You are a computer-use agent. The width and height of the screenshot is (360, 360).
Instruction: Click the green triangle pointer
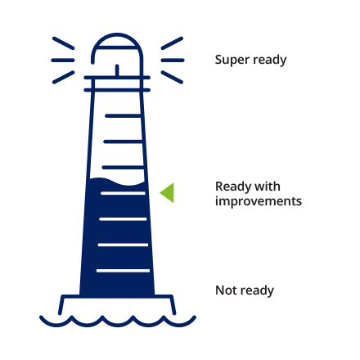[169, 193]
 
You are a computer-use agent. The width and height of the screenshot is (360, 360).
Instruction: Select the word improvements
[259, 201]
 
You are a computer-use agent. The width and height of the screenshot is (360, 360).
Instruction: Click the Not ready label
[245, 290]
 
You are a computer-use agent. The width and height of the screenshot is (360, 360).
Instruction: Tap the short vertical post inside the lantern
[117, 70]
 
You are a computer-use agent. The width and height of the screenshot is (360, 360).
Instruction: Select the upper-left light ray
[63, 43]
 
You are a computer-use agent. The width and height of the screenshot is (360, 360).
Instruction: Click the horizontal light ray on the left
[63, 61]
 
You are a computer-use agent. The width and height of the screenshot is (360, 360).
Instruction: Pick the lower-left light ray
[63, 77]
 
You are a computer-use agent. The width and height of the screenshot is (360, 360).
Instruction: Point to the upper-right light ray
[172, 43]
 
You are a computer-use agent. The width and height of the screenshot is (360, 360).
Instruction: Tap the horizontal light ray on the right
[173, 61]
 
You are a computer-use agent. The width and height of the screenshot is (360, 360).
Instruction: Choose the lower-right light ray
[172, 77]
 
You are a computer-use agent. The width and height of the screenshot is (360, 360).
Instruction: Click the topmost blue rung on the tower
[123, 116]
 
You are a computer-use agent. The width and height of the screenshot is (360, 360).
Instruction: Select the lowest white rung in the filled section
[123, 271]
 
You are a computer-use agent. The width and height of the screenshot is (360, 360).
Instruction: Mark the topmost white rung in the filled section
[123, 193]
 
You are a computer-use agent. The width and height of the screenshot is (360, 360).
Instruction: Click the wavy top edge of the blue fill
[117, 182]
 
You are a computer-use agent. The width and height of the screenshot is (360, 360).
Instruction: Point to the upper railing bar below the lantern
[117, 78]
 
